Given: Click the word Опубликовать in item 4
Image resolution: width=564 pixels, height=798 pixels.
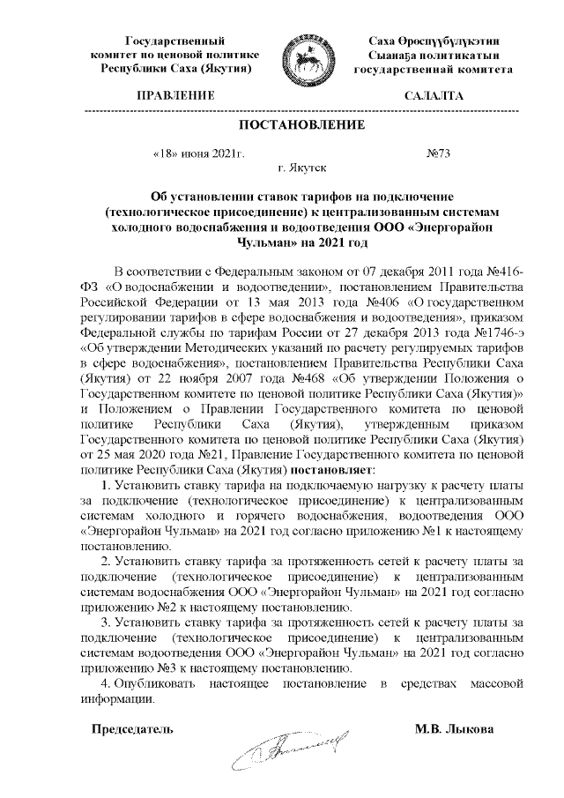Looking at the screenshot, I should coord(152,684).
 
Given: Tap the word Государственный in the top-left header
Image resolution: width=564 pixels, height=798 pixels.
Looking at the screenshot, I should coord(169,41).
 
